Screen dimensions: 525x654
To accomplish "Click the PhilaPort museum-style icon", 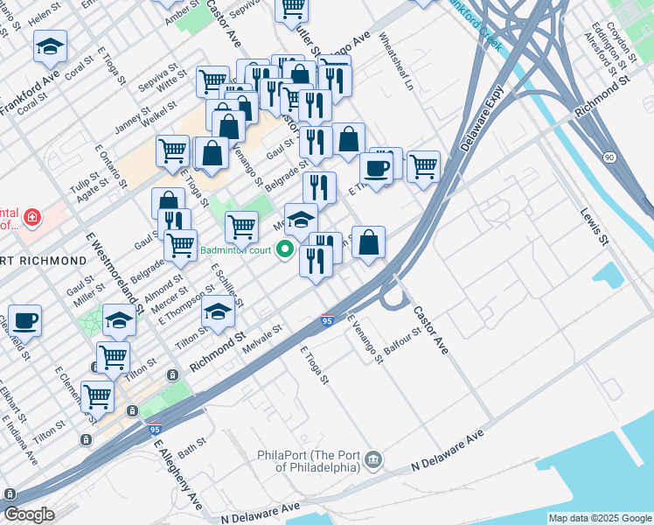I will (x=373, y=458).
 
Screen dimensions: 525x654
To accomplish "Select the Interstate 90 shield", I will (x=609, y=157).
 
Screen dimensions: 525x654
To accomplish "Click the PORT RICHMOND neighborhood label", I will (x=44, y=261).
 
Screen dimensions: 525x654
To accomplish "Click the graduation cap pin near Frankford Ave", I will (x=51, y=46).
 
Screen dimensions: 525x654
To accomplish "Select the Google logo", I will (x=29, y=514).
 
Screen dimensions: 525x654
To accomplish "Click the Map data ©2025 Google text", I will (x=600, y=518).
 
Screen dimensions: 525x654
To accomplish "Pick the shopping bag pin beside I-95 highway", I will (x=369, y=242).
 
